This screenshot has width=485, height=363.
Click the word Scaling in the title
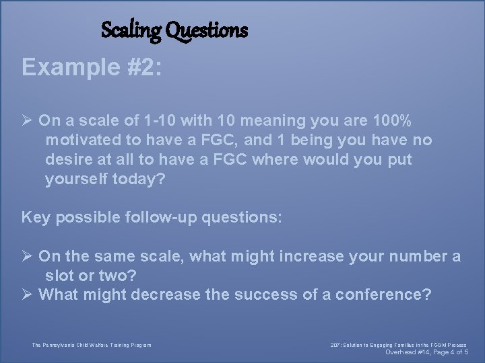tap(131, 30)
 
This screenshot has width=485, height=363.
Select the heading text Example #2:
tap(92, 67)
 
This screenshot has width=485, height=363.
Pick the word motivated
tap(82, 140)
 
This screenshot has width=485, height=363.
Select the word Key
tap(35, 218)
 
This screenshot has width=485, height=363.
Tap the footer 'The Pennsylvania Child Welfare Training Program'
tap(92, 346)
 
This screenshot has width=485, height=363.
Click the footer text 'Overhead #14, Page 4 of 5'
tap(426, 352)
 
